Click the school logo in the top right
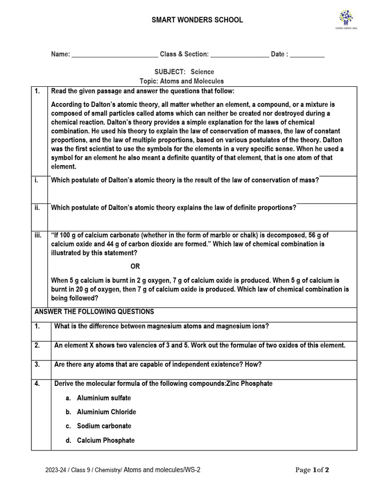tap(348, 20)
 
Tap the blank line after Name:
tap(115, 55)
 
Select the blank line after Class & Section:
tap(239, 55)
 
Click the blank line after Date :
tap(307, 55)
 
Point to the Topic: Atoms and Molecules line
tap(182, 81)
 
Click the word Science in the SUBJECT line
tap(202, 72)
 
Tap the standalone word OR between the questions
tap(135, 266)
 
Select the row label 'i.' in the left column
tap(36, 180)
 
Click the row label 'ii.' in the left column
tap(37, 208)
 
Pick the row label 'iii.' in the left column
tap(38, 235)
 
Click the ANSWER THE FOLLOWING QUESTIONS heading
tap(94, 312)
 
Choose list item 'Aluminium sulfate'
tap(103, 398)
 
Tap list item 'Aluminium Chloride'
tap(106, 412)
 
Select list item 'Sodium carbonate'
tap(104, 427)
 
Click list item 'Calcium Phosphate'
tap(105, 441)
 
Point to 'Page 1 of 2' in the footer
tap(312, 471)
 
